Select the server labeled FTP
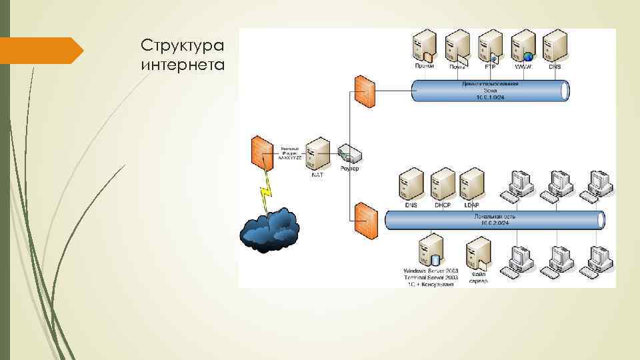[491, 46]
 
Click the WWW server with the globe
[524, 46]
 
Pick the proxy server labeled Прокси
[425, 46]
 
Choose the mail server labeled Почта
[458, 46]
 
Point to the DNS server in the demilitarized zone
[555, 46]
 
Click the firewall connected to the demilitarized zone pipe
[365, 89]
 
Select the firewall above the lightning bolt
[262, 153]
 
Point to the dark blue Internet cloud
[269, 229]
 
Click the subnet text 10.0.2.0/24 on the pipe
[495, 223]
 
